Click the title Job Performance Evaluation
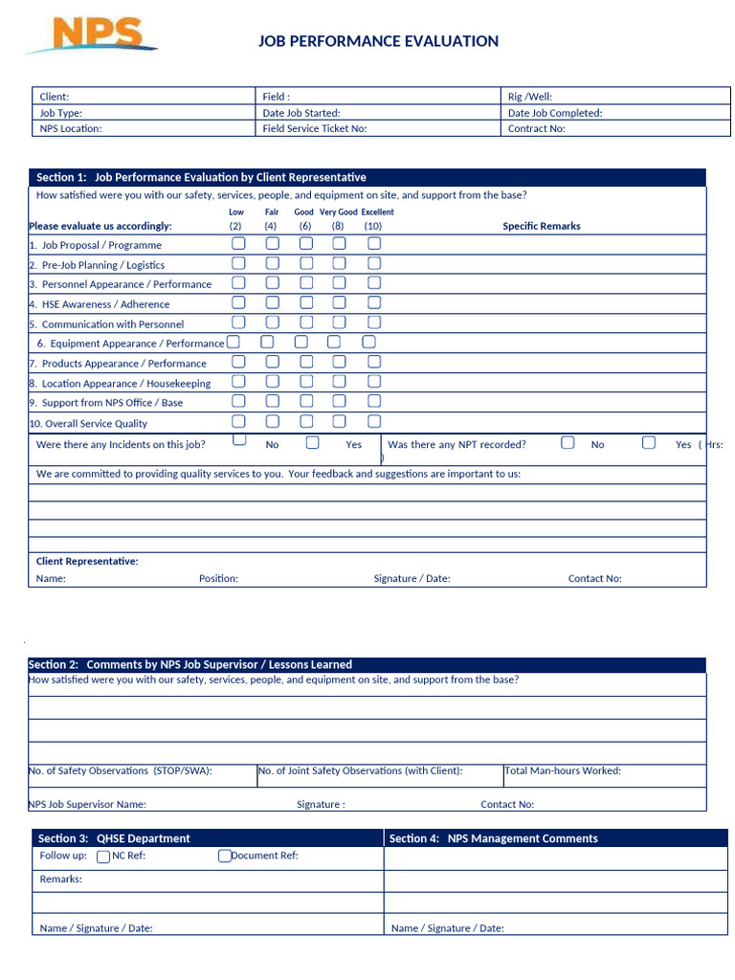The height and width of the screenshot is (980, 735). tap(378, 41)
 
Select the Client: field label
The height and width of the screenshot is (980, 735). tap(55, 97)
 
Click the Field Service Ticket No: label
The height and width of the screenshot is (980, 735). tap(314, 128)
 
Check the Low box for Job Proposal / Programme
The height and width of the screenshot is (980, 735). tap(238, 243)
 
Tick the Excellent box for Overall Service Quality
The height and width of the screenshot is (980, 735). tap(374, 421)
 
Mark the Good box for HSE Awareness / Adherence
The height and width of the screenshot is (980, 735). tap(305, 302)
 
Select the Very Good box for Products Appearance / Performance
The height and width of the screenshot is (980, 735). tap(339, 362)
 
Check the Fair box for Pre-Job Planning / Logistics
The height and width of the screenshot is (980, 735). tap(273, 263)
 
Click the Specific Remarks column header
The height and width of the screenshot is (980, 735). tap(542, 226)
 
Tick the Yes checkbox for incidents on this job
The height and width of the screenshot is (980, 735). tap(313, 442)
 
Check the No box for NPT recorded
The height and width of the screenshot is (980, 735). tap(568, 442)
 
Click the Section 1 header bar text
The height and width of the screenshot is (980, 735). tap(201, 177)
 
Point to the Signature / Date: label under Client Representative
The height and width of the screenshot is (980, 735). tap(412, 578)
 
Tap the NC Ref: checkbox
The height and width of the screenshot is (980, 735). tap(103, 857)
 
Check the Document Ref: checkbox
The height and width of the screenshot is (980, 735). tap(224, 857)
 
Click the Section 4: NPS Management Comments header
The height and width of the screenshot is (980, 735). tap(493, 838)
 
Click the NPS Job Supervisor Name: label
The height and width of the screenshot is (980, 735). tap(87, 804)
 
